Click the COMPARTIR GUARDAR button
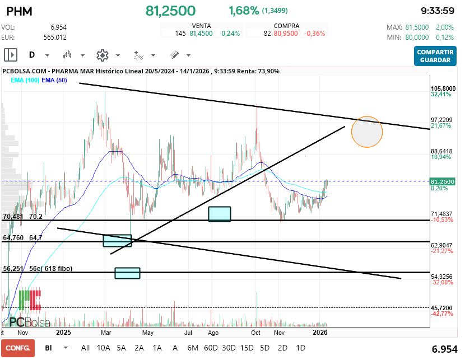434,55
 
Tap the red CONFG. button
17,348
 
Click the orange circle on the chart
367,132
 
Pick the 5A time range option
121,348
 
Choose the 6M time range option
193,348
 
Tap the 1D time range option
300,348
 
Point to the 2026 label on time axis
320,332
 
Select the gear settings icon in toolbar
102,55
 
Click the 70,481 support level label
13,216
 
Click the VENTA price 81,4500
200,34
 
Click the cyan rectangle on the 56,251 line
127,273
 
